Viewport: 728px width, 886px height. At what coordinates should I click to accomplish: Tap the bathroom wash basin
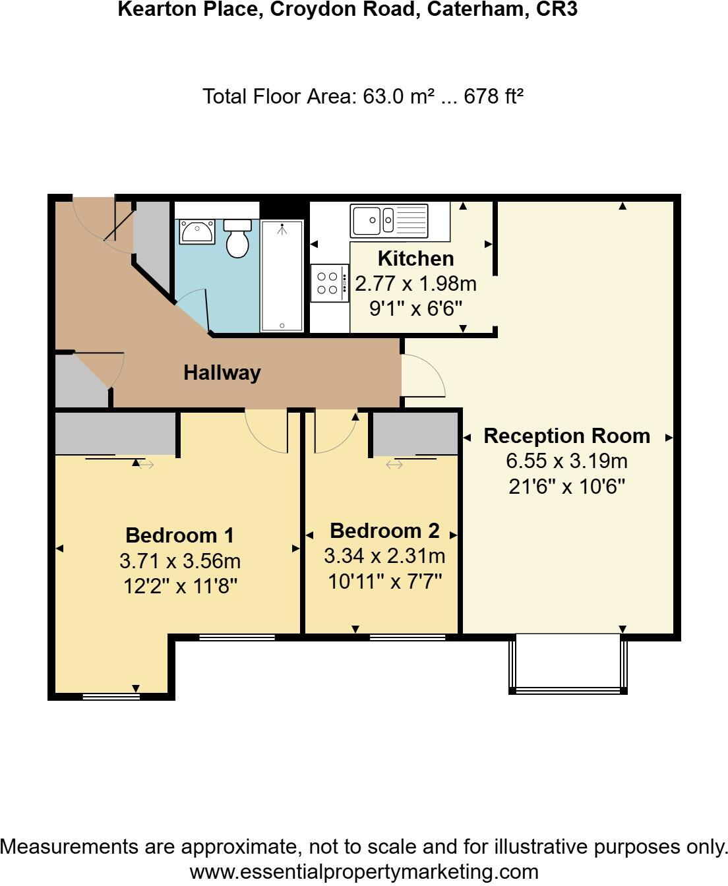point(197,232)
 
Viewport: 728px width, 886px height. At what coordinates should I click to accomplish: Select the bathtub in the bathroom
point(282,276)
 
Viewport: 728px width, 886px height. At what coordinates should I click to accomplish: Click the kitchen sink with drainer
point(389,220)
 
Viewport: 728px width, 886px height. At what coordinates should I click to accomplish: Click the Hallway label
point(222,372)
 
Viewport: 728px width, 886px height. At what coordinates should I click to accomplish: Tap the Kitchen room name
point(415,258)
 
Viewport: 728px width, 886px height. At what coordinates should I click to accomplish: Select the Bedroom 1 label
point(179,535)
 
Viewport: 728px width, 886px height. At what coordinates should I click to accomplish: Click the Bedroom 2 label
point(384,530)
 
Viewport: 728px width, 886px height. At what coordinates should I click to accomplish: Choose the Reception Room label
point(566,436)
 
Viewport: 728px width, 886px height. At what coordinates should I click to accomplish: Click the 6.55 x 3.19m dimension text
point(566,461)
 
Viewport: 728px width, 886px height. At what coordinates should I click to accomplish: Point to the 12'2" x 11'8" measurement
point(179,585)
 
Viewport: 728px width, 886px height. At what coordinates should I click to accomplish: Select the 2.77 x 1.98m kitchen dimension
point(415,283)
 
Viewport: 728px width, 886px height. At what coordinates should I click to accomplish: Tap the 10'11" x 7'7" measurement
point(384,581)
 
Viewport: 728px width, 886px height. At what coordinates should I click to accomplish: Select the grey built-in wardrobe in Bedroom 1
point(115,433)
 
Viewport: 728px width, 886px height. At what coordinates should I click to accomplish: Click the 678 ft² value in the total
point(493,96)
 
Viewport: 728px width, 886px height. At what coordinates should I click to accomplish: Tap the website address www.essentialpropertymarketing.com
point(364,872)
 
